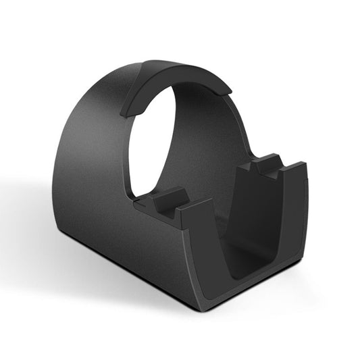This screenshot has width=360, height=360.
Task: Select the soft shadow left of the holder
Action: [34, 223]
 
